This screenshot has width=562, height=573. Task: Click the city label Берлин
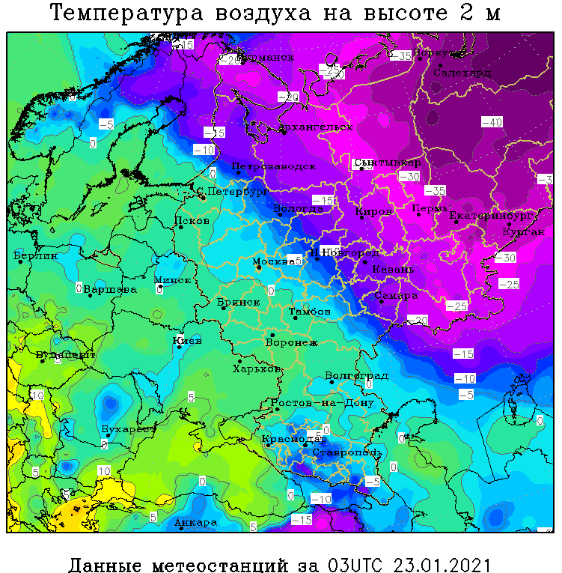point(36,256)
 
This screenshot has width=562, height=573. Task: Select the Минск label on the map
point(172,279)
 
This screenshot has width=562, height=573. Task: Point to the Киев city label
point(187,341)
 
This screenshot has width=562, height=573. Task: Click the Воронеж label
point(292,342)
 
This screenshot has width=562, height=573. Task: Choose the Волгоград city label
point(357,375)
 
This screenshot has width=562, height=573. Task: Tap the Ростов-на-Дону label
point(322,403)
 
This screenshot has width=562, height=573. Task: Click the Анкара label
point(195,522)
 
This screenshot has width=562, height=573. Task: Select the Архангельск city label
point(315,127)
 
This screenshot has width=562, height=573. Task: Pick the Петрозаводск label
point(273,166)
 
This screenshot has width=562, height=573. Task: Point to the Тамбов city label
point(310,311)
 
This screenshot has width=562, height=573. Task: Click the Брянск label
point(238,302)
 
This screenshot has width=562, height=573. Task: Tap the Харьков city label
point(257,369)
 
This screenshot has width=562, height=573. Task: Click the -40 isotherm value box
point(492,122)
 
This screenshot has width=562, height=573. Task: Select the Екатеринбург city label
point(491,216)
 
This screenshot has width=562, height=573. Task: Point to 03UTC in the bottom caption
point(352,563)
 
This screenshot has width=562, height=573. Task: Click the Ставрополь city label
point(347,452)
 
